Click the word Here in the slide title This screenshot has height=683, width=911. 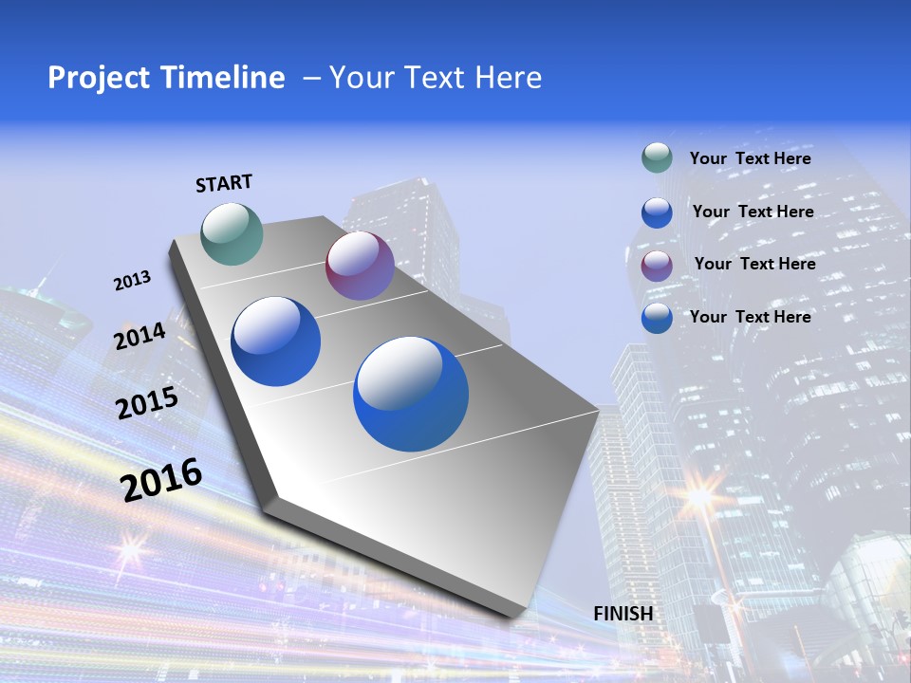[x=508, y=78]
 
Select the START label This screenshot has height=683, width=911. [x=224, y=183]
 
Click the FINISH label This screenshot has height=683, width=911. [x=623, y=614]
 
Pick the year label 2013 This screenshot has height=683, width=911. [x=132, y=281]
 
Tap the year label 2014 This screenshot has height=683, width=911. [x=139, y=336]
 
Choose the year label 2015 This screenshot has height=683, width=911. [x=146, y=403]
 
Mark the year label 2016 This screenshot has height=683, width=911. [x=161, y=479]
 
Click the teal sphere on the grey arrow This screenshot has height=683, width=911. [x=232, y=233]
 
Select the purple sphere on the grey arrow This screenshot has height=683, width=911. [x=360, y=266]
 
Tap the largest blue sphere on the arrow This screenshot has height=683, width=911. [x=411, y=394]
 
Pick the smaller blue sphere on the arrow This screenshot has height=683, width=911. [x=276, y=341]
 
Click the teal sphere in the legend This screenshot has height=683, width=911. [x=657, y=157]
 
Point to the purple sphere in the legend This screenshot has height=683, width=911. [x=657, y=266]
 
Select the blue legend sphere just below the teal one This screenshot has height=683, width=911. [x=657, y=212]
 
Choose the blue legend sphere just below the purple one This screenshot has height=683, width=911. [x=657, y=318]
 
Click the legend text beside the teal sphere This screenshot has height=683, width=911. [x=750, y=158]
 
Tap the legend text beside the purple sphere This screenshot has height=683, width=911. [x=754, y=264]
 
